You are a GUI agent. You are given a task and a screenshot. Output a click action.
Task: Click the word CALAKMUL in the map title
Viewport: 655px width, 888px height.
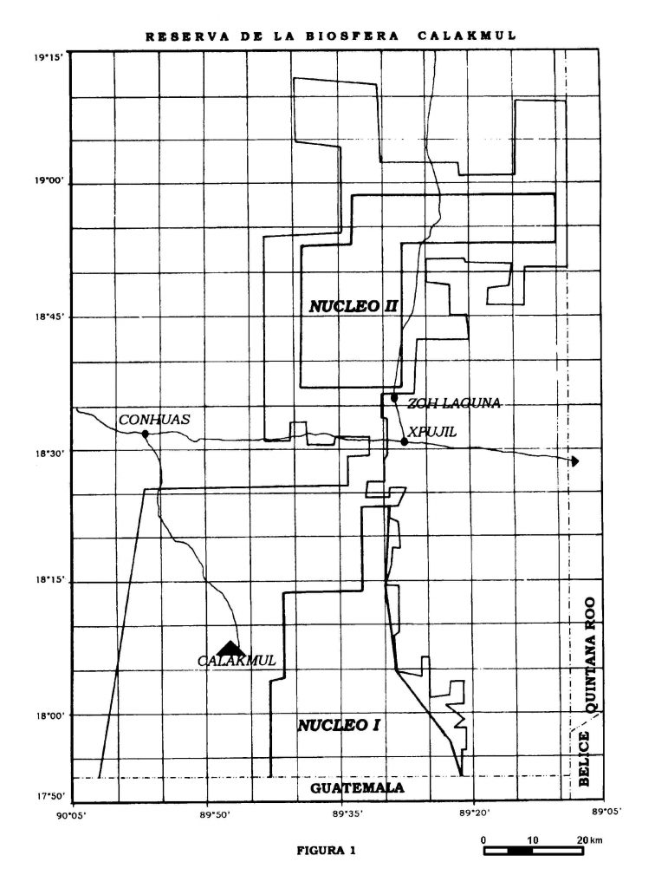tap(467, 36)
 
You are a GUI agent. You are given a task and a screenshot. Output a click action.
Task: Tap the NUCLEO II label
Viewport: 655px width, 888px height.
tap(353, 307)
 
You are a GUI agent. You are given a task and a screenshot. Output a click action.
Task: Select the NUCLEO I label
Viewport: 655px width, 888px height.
tap(339, 725)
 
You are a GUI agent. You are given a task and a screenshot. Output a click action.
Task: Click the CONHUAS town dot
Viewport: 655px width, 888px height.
tap(146, 434)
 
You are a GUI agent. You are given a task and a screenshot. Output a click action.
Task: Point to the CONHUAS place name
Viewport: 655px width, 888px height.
tap(154, 420)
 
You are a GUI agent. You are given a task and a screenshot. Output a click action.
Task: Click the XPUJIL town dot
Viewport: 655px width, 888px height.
tap(405, 441)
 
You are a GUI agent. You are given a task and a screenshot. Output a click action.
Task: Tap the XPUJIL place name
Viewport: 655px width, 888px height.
tap(432, 432)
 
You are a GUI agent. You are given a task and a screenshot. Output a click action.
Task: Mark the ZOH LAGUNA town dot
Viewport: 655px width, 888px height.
tap(394, 398)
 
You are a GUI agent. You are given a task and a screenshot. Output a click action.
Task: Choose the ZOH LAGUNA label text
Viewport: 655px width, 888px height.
tap(454, 403)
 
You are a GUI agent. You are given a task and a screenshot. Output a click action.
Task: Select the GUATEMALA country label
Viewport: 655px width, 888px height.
tap(357, 787)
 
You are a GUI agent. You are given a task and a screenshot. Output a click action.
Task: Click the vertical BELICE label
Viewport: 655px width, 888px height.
tap(584, 758)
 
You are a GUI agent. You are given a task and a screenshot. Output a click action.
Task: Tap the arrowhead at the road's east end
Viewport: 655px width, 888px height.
tap(574, 461)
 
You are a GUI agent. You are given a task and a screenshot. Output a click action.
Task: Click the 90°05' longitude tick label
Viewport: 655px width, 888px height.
tap(73, 815)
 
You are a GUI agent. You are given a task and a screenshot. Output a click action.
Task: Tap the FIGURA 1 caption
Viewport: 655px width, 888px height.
tap(327, 850)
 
